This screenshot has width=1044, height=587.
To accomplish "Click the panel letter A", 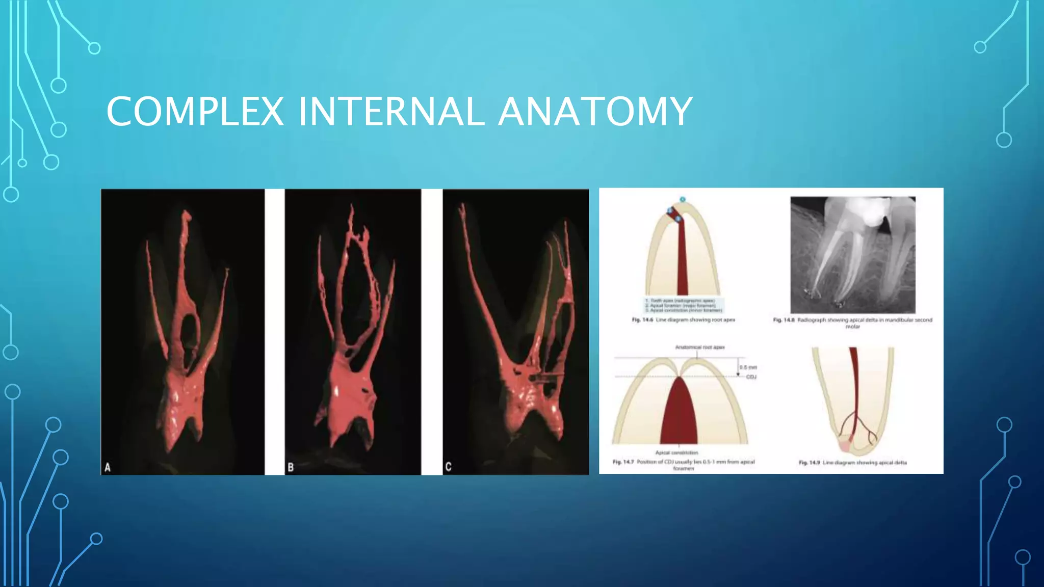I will pyautogui.click(x=108, y=467).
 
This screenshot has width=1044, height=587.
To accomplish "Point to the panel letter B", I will pyautogui.click(x=291, y=467).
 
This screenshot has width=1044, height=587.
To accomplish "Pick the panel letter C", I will pyautogui.click(x=448, y=466).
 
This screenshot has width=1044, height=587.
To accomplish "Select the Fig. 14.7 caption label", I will pyautogui.click(x=623, y=462).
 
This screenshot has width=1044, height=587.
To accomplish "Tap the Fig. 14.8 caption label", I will pyautogui.click(x=784, y=320).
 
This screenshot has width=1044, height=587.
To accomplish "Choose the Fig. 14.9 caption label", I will pyautogui.click(x=809, y=463).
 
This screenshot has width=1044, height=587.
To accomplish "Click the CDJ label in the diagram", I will pyautogui.click(x=751, y=377).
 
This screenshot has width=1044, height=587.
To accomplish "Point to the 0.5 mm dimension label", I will pyautogui.click(x=748, y=367).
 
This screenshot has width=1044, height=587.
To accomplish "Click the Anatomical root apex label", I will pyautogui.click(x=699, y=348).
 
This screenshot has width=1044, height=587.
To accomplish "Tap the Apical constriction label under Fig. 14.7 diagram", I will pyautogui.click(x=676, y=452).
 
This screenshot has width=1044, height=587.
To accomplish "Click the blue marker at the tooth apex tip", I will pyautogui.click(x=683, y=199).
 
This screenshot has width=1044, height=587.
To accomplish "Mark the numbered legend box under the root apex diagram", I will pyautogui.click(x=683, y=305).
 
